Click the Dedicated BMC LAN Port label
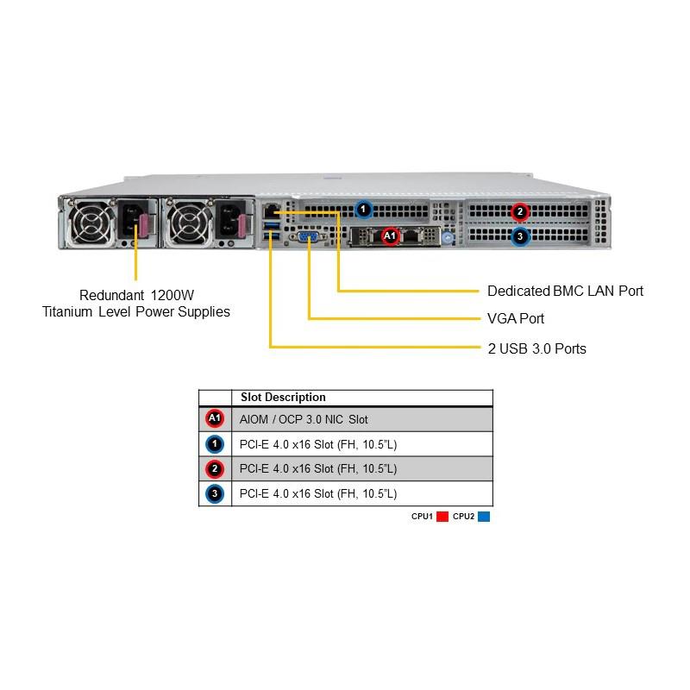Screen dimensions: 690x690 pos(565,291)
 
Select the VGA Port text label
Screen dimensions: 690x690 pos(516,318)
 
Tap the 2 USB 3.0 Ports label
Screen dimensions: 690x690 pos(536,348)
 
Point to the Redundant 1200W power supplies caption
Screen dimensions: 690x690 pos(136,303)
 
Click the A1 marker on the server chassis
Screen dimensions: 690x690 pos(389,235)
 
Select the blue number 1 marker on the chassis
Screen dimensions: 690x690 pos(364,209)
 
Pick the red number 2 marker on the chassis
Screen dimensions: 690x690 pos(519,211)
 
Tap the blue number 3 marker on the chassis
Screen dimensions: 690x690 pos(519,235)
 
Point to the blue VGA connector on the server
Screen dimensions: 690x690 pos(308,236)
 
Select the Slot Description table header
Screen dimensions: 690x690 pos(283,398)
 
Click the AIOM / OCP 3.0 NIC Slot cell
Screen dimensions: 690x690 pos(304,419)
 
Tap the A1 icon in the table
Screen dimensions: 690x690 pos(215,419)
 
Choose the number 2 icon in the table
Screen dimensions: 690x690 pos(215,469)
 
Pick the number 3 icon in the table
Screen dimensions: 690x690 pos(215,494)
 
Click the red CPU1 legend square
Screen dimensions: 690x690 pos(442,517)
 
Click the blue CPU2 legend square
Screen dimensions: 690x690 pos(484,517)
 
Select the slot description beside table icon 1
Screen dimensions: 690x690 pos(318,444)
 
